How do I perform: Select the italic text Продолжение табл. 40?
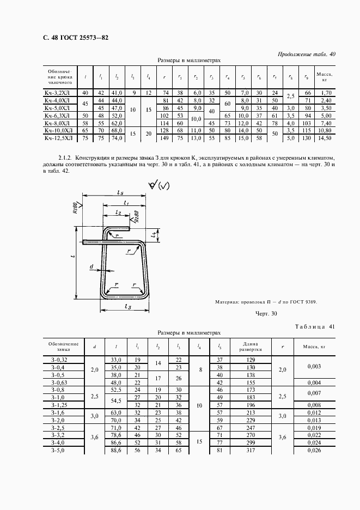(307, 54)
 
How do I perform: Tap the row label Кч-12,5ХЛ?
(57, 139)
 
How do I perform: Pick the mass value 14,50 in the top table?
(324, 139)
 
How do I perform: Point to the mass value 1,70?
(324, 93)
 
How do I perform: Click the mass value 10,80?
(324, 131)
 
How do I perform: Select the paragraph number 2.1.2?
(56, 158)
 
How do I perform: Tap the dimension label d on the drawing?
(92, 267)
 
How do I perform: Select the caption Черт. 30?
(266, 313)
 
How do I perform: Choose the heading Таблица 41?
(314, 326)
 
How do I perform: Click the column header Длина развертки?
(251, 347)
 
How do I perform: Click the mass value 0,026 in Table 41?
(314, 451)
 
